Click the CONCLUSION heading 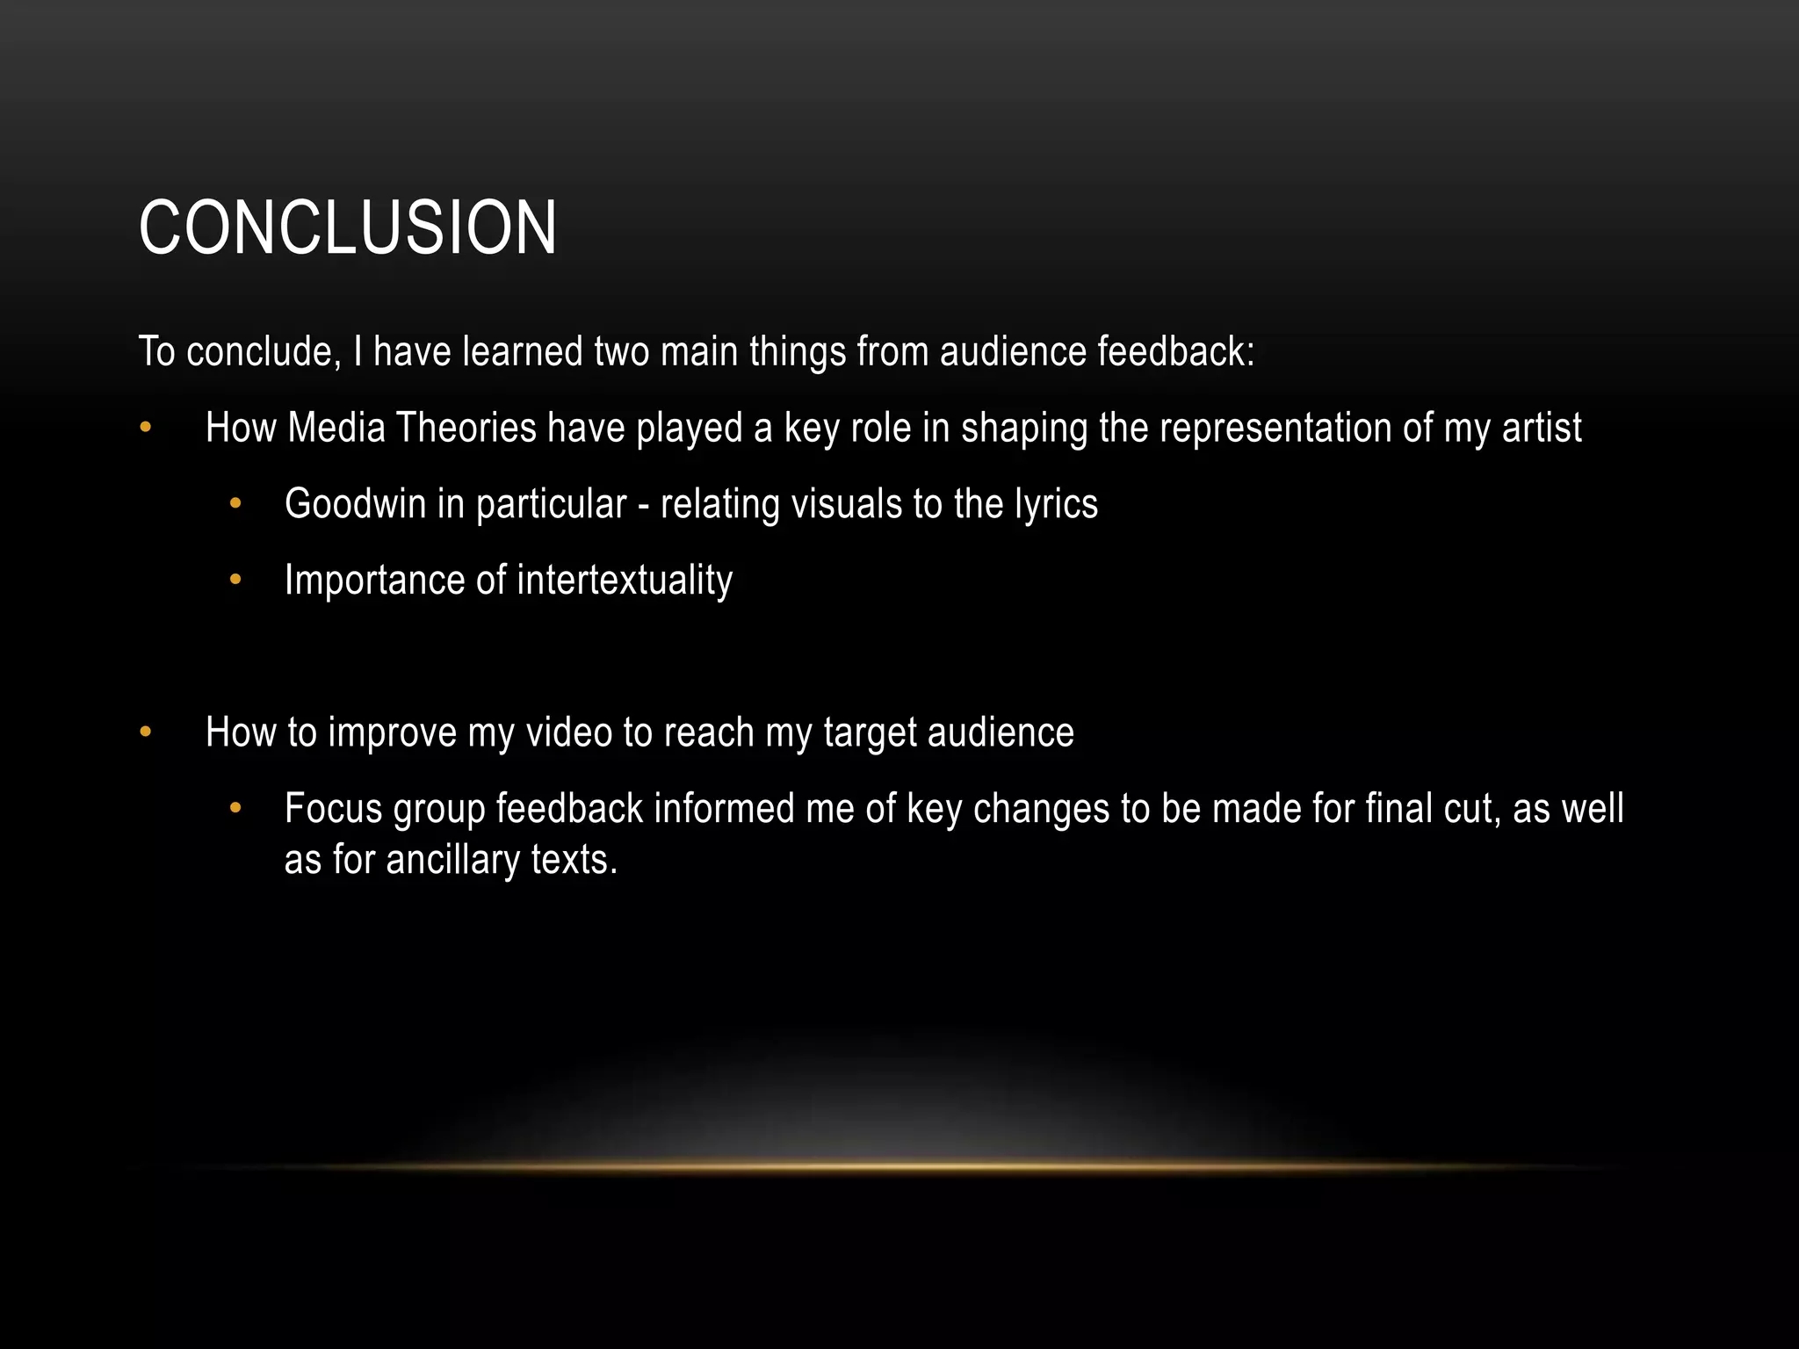(x=347, y=228)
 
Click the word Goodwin (x=355, y=504)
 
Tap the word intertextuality (x=625, y=581)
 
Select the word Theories (x=466, y=429)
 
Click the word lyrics (x=1056, y=505)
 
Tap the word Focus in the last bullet (x=333, y=809)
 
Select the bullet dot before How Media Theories (x=146, y=429)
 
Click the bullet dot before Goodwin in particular (x=235, y=505)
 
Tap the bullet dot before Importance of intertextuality (x=235, y=581)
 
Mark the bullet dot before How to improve (x=146, y=732)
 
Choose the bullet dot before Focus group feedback (x=235, y=809)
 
